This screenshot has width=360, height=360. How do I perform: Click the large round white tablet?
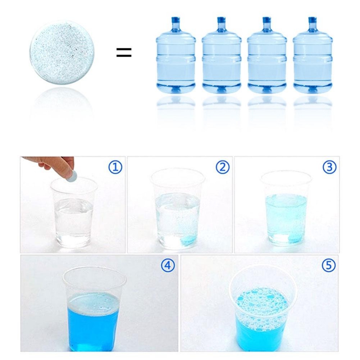click(x=62, y=53)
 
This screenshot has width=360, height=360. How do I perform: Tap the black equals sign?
click(x=124, y=52)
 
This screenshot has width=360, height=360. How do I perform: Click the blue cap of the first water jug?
click(x=176, y=20)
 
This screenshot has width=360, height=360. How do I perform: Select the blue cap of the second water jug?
click(x=221, y=20)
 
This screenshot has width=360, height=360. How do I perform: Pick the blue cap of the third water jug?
click(x=267, y=20)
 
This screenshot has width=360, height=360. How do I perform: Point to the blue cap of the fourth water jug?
click(x=313, y=20)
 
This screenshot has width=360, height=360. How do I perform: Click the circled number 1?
click(x=115, y=167)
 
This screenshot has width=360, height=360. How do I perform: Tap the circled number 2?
click(x=223, y=167)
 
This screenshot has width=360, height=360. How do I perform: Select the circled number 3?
click(x=329, y=167)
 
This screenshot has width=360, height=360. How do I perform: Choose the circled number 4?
click(x=168, y=265)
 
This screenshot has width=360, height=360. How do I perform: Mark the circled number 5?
click(x=329, y=265)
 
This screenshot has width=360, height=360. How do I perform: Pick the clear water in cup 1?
click(x=74, y=220)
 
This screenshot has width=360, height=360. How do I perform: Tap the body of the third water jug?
click(x=267, y=62)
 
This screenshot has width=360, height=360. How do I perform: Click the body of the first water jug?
click(x=176, y=62)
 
